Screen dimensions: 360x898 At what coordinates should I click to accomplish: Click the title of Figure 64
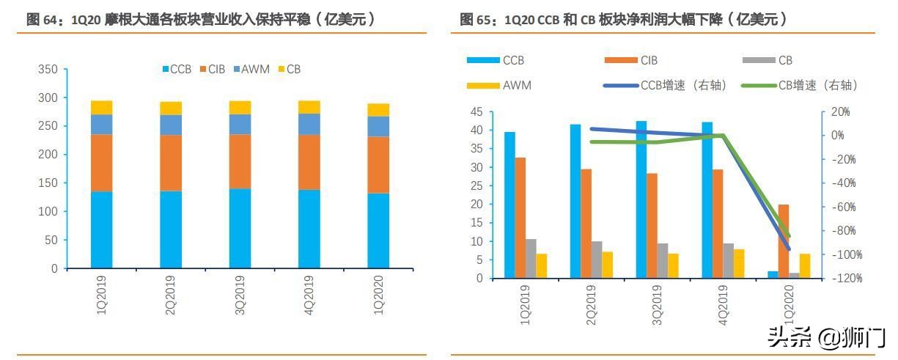[201, 20]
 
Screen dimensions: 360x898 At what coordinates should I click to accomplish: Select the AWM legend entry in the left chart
[251, 70]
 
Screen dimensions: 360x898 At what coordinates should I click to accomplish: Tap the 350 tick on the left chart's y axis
[48, 70]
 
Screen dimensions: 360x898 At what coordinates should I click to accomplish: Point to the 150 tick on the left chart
[48, 183]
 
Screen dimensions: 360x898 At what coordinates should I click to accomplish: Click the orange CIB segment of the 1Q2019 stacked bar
[101, 163]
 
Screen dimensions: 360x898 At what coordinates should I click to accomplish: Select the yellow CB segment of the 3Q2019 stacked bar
[240, 108]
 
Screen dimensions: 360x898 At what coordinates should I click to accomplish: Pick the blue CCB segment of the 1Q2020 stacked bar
[378, 230]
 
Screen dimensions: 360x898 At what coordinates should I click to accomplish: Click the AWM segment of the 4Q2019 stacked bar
[309, 124]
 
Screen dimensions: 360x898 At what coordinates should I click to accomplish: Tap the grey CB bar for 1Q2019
[531, 258]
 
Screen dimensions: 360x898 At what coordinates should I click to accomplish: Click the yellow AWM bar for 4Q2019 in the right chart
[739, 263]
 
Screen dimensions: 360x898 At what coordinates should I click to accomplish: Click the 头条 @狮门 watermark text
[826, 338]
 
